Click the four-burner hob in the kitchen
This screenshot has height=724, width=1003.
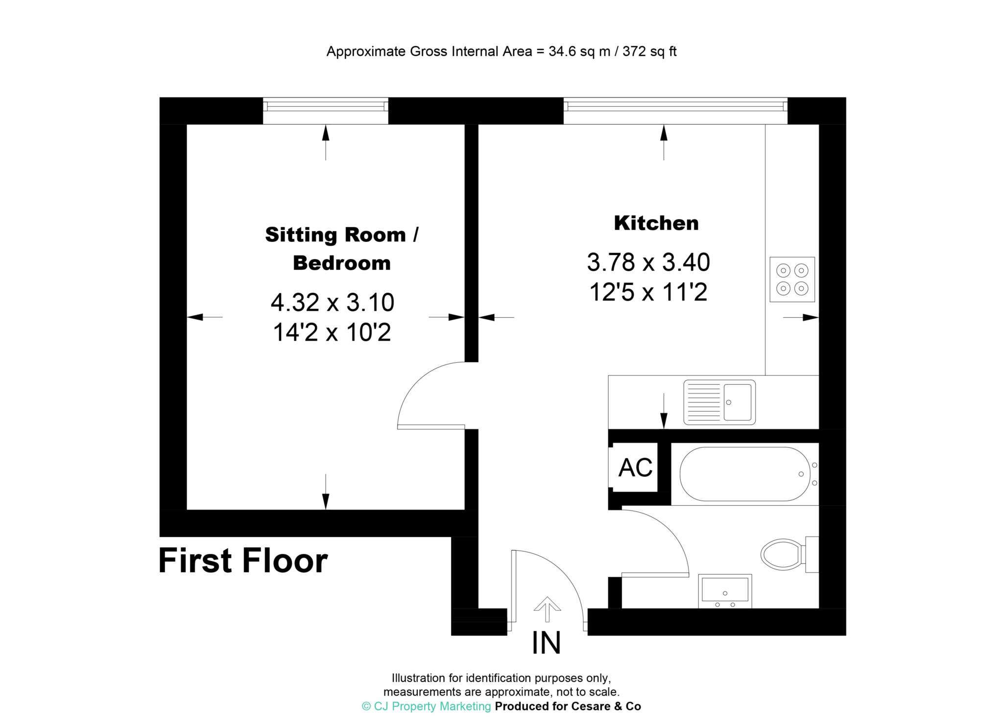[792, 279]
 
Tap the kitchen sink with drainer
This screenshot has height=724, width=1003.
[719, 402]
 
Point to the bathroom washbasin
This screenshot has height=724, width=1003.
[725, 591]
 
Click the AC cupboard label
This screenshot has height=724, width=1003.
[635, 467]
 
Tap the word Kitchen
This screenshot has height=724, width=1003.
[656, 223]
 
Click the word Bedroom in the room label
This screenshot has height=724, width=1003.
[341, 263]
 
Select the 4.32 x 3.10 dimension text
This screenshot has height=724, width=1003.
[333, 302]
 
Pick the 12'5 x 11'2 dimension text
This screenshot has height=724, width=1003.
[648, 293]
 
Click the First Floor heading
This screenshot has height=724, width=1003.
[243, 561]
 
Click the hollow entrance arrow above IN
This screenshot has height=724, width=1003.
[547, 609]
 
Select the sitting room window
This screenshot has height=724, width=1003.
[326, 111]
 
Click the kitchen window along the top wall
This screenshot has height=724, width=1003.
[675, 111]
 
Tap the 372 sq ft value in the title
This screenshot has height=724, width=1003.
[649, 51]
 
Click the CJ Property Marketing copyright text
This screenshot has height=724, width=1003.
[426, 706]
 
